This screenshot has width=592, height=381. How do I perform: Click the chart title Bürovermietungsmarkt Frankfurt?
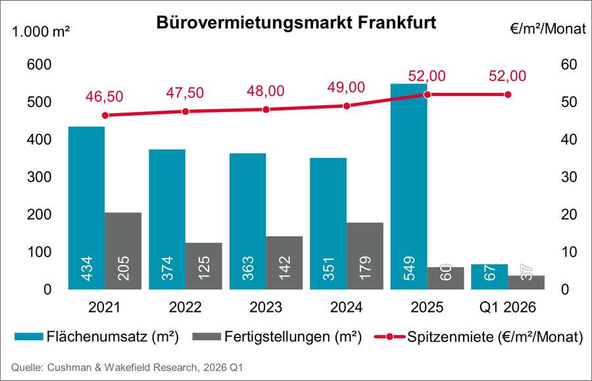(x=296, y=22)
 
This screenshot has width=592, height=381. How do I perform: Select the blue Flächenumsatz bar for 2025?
(x=408, y=184)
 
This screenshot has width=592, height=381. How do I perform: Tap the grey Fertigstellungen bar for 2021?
(x=123, y=250)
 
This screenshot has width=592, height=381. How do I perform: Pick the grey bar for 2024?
(x=365, y=255)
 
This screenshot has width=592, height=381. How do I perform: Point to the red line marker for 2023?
(x=266, y=109)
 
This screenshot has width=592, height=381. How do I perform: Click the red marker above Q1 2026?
(x=508, y=95)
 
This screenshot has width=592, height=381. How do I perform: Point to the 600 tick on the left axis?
(x=38, y=65)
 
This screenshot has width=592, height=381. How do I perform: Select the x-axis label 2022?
(x=185, y=307)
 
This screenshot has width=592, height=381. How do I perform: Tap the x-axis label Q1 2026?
(x=508, y=307)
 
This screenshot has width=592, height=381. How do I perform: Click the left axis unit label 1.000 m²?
(x=39, y=30)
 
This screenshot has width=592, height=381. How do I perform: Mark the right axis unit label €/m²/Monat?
(x=547, y=30)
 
